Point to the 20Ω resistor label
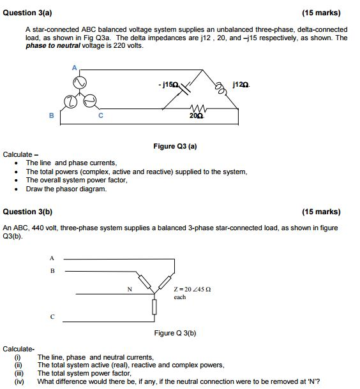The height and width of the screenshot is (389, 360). (196, 116)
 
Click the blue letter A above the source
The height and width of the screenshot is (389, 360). (73, 68)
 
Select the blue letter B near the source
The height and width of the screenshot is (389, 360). (52, 115)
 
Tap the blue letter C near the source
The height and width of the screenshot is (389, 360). (100, 115)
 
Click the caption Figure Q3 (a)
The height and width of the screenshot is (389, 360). (175, 146)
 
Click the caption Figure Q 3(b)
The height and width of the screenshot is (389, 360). (175, 333)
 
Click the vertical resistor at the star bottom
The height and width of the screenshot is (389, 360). (154, 307)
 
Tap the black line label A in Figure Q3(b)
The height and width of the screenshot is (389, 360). (52, 258)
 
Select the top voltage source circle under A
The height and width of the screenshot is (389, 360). (79, 84)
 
